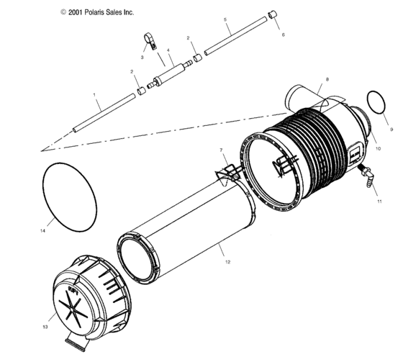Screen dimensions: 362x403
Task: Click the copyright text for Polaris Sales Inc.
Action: point(97,12)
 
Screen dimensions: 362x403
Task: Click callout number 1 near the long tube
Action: point(94,94)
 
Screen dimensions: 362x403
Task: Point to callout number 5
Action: point(225,21)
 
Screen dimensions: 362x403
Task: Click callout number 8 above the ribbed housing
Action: point(327,78)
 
